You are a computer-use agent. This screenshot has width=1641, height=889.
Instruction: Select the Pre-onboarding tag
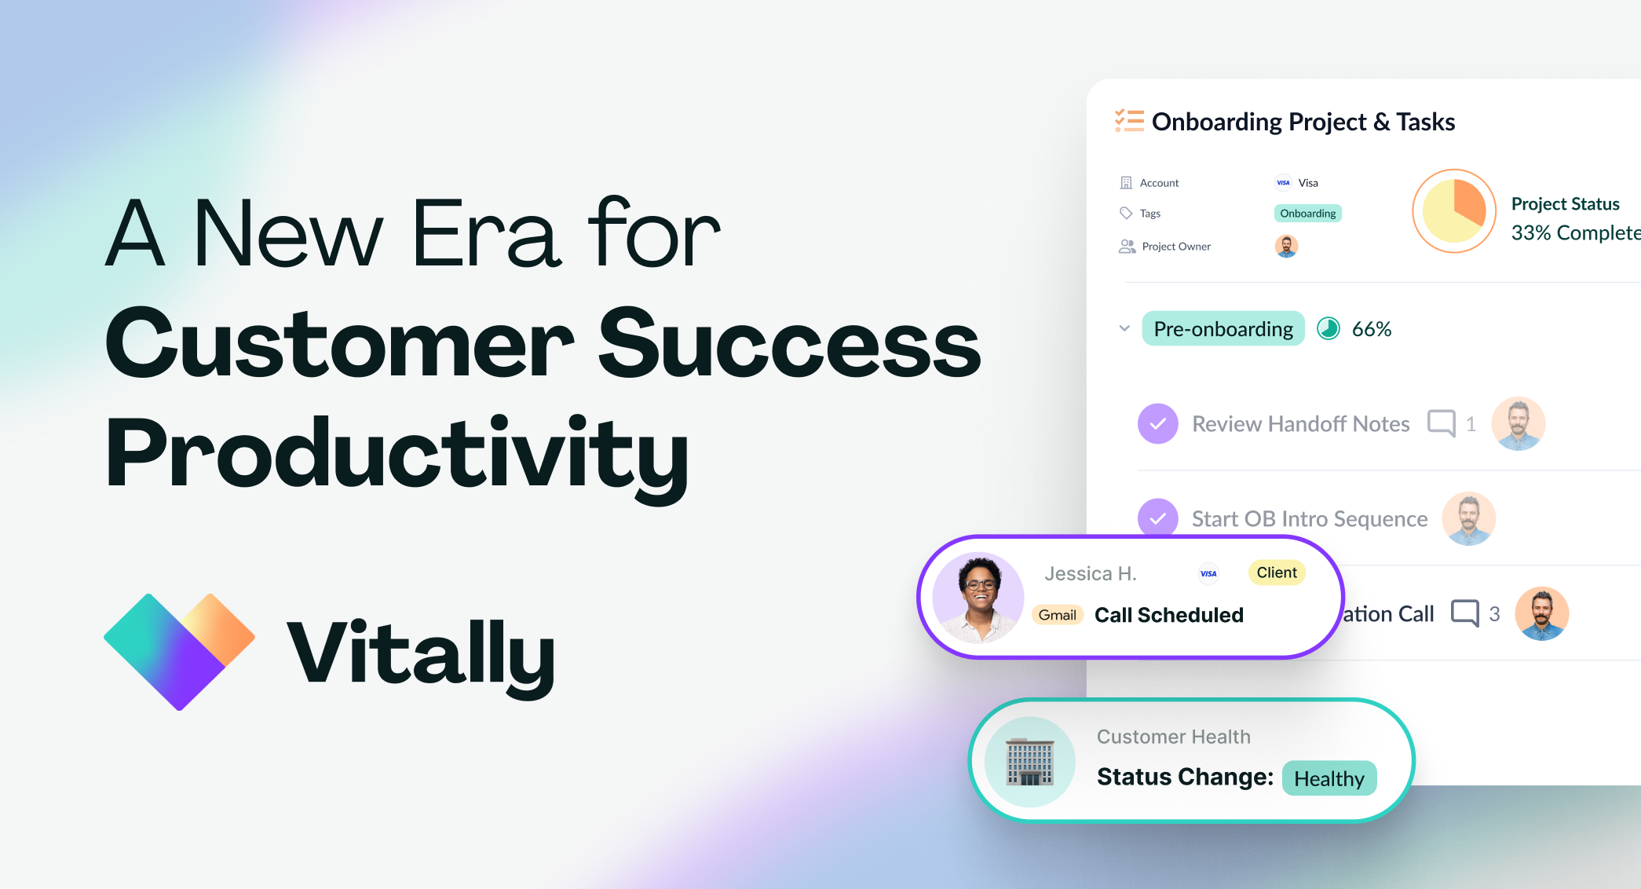pyautogui.click(x=1223, y=329)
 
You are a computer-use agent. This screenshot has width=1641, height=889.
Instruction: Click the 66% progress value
pyautogui.click(x=1371, y=329)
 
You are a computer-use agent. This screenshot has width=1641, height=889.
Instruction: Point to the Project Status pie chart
pyautogui.click(x=1453, y=210)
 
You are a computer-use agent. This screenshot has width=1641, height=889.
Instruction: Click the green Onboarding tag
pyautogui.click(x=1307, y=214)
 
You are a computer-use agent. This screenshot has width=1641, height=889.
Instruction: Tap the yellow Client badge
pyautogui.click(x=1276, y=573)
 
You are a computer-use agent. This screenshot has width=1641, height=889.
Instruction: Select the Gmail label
pyautogui.click(x=1057, y=615)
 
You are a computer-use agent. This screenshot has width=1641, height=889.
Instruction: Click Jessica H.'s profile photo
pyautogui.click(x=978, y=598)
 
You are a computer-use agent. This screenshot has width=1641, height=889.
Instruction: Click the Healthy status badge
pyautogui.click(x=1329, y=778)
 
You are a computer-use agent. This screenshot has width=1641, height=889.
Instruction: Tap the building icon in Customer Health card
pyautogui.click(x=1029, y=762)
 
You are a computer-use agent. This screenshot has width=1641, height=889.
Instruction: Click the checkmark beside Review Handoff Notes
pyautogui.click(x=1157, y=424)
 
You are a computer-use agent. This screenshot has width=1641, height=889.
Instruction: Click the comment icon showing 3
pyautogui.click(x=1464, y=613)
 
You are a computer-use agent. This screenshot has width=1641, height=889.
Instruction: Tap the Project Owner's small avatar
pyautogui.click(x=1286, y=247)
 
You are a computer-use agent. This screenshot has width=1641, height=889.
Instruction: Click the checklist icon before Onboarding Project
pyautogui.click(x=1129, y=121)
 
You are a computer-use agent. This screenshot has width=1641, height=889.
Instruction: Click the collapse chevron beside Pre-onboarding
pyautogui.click(x=1124, y=328)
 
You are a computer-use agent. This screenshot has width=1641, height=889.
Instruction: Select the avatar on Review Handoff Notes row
pyautogui.click(x=1518, y=423)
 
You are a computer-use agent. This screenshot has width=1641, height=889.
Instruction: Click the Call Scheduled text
pyautogui.click(x=1168, y=615)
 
